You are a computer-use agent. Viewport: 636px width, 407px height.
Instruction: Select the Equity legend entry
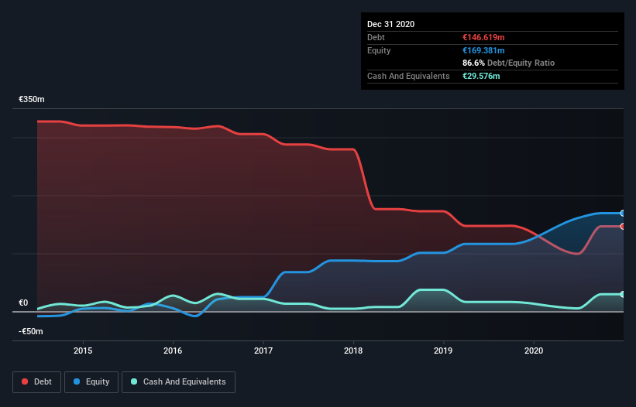91,381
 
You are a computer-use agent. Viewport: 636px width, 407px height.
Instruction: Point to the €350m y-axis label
32,100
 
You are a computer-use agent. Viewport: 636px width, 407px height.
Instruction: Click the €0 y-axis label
24,303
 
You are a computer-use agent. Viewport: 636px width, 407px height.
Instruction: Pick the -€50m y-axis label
32,331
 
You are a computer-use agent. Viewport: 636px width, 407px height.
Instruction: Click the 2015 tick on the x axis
83,350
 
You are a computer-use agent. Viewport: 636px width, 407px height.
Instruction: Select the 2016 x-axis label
174,350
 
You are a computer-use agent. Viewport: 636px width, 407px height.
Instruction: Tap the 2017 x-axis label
263,350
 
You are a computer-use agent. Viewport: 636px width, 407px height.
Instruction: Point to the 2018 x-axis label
354,350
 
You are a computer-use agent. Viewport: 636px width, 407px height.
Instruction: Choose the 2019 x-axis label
444,350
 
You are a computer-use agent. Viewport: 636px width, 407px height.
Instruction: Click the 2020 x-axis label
534,350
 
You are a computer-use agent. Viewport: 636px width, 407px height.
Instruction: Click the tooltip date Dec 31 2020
390,24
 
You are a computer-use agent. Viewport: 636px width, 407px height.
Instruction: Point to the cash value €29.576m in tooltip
480,76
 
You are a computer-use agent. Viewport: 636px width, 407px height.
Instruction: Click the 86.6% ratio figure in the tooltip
472,63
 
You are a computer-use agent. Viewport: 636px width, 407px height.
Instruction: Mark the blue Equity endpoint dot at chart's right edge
623,213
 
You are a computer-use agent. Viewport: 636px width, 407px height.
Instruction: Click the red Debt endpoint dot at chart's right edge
623,226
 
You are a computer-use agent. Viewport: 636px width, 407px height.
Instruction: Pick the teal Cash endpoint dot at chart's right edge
623,294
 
